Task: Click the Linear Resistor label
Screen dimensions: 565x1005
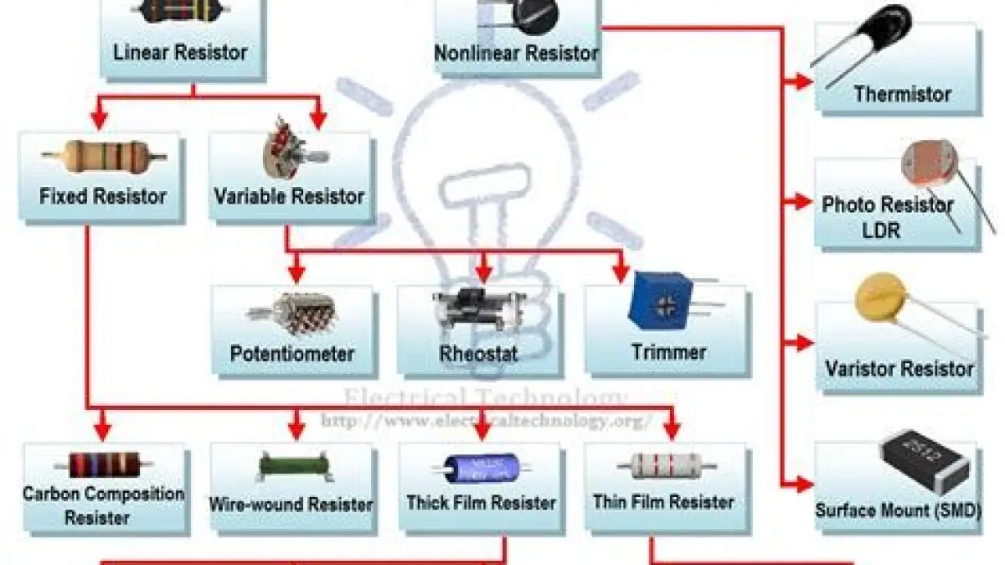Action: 180,52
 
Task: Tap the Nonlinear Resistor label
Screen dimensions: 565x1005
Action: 517,53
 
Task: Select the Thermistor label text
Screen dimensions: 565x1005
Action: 902,94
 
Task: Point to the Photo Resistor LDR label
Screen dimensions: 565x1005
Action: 887,216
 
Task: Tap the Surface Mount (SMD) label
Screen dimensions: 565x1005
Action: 897,509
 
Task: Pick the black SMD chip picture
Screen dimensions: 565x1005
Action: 925,461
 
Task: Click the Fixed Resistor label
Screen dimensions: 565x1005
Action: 103,197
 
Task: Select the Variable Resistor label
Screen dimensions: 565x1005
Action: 289,197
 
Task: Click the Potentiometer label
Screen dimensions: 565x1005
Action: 292,353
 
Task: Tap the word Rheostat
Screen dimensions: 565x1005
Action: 478,353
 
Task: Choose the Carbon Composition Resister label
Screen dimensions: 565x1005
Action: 103,505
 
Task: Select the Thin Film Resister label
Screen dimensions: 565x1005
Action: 663,501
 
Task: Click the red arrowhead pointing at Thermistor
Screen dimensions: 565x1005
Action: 804,81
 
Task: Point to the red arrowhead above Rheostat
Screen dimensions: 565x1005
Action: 482,273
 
